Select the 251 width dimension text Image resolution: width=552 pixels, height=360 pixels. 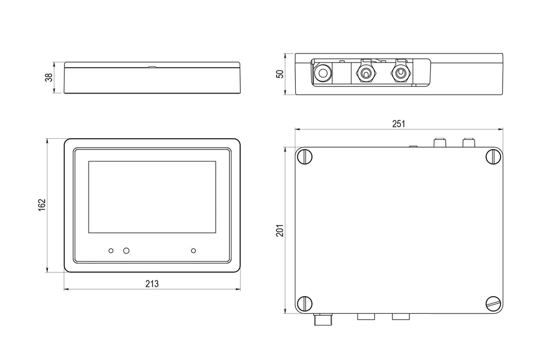pyautogui.click(x=399, y=124)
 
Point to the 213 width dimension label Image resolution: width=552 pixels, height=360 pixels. pyautogui.click(x=152, y=284)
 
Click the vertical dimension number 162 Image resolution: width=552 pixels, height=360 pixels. pyautogui.click(x=43, y=205)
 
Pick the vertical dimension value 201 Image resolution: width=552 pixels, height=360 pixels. pyautogui.click(x=279, y=229)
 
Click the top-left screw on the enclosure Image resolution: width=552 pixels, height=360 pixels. pyautogui.click(x=305, y=156)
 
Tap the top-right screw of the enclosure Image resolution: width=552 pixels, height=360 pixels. pyautogui.click(x=493, y=156)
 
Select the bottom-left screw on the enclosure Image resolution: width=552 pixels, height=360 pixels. pyautogui.click(x=305, y=303)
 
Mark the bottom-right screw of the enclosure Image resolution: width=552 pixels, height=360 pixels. pyautogui.click(x=493, y=303)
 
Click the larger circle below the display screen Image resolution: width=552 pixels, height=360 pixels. pyautogui.click(x=126, y=250)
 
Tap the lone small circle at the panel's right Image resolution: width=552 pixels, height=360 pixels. pyautogui.click(x=193, y=250)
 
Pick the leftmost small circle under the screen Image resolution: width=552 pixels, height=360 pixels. pyautogui.click(x=111, y=250)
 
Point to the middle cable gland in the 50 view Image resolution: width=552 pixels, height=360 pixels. pyautogui.click(x=365, y=73)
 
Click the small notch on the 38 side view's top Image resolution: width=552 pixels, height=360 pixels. pyautogui.click(x=152, y=66)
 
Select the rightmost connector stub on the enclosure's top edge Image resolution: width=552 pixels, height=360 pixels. pyautogui.click(x=469, y=141)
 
